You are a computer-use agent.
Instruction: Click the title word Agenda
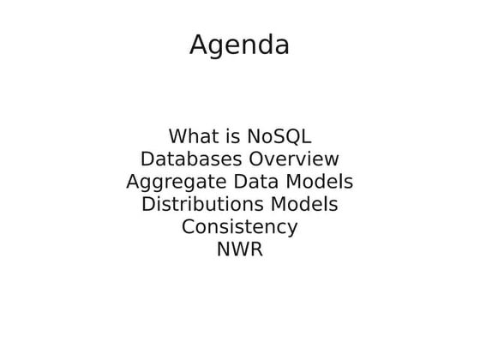click(239, 45)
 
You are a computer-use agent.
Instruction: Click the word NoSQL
click(279, 136)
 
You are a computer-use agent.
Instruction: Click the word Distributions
click(201, 205)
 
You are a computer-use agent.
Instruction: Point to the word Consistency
click(239, 228)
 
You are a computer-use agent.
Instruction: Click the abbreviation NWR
click(239, 250)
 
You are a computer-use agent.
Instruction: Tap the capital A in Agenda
click(198, 44)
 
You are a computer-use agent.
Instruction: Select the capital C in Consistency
click(188, 227)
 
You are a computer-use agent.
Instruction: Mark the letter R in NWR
click(255, 250)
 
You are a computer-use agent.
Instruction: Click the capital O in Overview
click(255, 159)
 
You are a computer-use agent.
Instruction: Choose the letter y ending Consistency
click(292, 230)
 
